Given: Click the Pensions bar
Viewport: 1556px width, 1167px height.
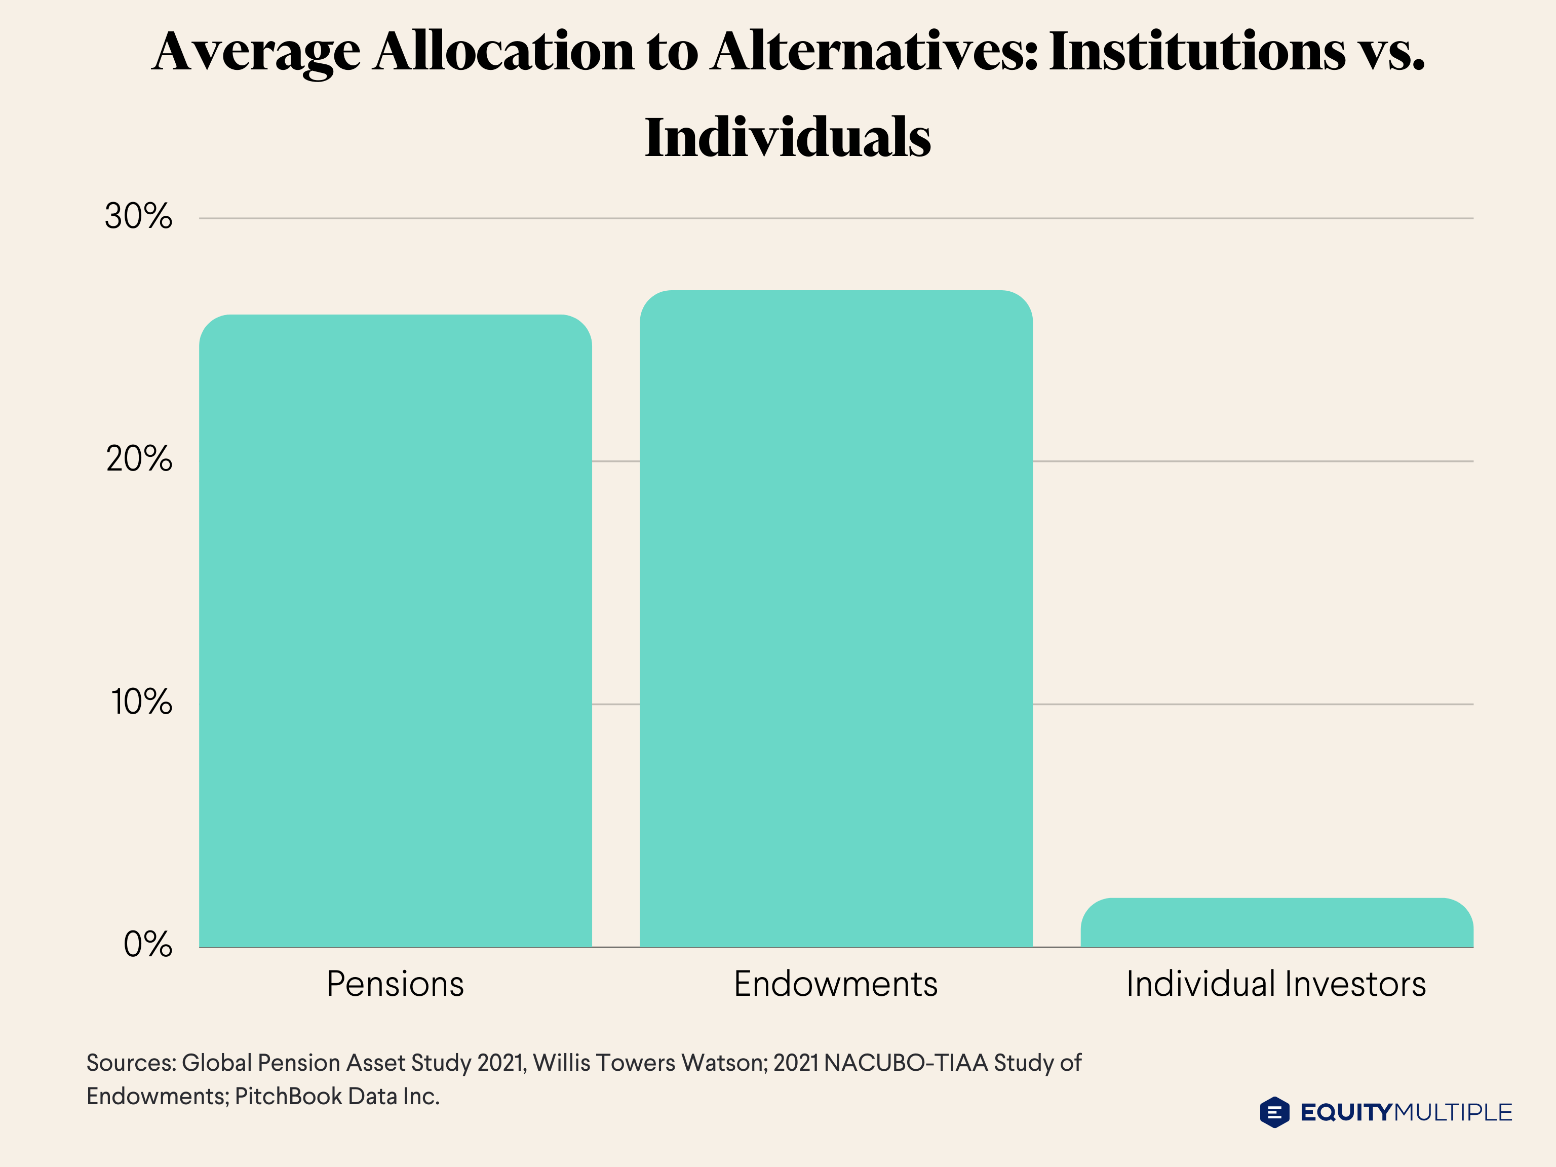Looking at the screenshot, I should click(395, 631).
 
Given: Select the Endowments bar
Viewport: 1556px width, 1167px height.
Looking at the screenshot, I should click(836, 619).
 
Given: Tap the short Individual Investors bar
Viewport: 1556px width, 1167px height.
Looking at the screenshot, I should click(1277, 923).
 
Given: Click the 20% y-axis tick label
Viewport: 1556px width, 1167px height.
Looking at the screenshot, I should click(139, 459).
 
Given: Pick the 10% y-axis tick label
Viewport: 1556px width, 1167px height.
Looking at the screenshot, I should click(141, 702).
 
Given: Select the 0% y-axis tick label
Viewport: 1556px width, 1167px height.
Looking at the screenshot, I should click(148, 945).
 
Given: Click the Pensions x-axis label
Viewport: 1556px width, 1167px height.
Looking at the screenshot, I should click(395, 984).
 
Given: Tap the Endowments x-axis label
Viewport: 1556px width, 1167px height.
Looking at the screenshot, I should click(836, 984).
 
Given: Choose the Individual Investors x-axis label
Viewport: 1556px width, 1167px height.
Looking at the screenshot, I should click(1276, 984).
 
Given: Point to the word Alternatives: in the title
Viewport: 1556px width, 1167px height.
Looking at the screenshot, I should click(874, 52).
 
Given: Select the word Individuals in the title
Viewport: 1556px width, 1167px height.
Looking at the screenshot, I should click(788, 138).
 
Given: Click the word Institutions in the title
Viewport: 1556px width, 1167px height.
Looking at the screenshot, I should click(1196, 52).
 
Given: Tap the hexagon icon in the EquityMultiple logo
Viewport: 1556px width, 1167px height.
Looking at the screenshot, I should click(1274, 1112).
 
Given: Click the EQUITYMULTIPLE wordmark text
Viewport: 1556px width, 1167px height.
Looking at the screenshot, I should click(1406, 1112).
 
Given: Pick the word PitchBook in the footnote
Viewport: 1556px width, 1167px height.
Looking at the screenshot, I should click(288, 1096).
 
